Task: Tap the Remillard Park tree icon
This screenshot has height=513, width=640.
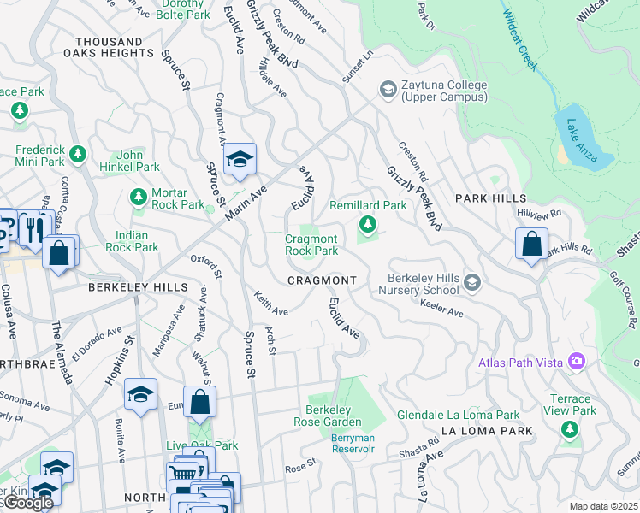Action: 368,225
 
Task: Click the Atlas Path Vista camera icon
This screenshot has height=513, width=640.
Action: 577,363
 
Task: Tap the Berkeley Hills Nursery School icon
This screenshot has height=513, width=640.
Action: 471,281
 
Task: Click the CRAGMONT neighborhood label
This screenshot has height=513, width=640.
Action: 322,280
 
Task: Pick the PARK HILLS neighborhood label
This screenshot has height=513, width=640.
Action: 491,198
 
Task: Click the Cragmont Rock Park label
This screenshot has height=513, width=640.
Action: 311,245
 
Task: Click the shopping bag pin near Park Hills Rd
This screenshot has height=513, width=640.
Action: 531,244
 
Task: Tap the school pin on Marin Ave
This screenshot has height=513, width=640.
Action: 240,159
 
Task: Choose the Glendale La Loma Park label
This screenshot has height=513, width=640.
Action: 458,416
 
